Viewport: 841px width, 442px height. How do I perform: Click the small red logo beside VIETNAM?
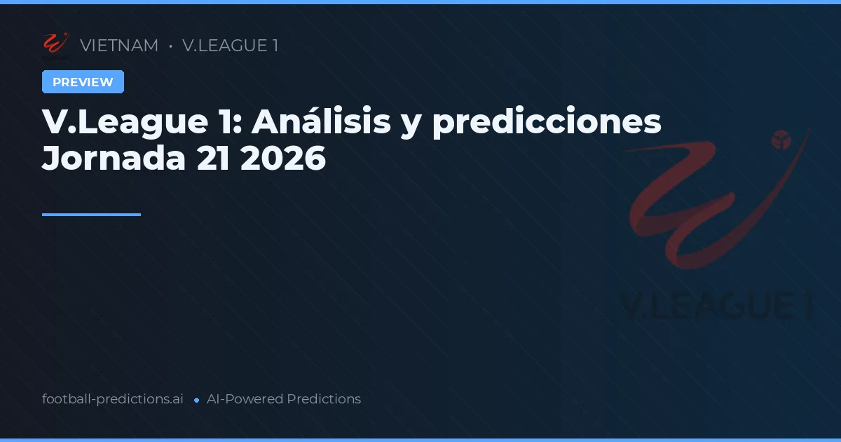55,44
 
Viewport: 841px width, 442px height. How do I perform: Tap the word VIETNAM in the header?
119,46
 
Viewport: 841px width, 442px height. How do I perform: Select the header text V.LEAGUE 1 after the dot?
230,46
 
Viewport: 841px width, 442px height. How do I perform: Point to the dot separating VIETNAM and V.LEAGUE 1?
170,46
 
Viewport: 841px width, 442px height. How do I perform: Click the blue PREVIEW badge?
83,82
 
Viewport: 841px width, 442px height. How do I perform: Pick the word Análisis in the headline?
321,122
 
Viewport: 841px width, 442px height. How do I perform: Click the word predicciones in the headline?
547,122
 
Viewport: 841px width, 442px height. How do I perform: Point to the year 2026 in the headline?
283,159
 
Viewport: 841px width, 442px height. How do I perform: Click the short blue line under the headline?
91,215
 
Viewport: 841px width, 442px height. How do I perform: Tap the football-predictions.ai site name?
113,399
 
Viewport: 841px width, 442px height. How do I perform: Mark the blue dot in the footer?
196,400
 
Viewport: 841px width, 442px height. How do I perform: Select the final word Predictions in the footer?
324,399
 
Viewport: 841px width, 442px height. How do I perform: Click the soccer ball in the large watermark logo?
781,140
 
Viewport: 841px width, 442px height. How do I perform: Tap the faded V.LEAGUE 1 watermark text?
718,306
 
